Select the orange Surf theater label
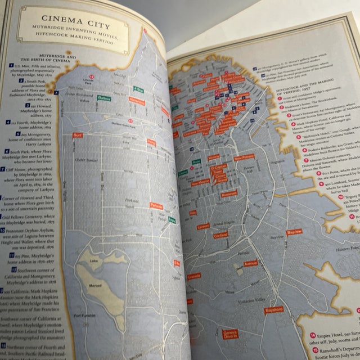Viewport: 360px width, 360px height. (78, 136)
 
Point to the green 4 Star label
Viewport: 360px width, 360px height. (138, 89)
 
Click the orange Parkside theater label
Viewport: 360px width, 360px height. (156, 206)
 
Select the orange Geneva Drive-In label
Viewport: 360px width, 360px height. (229, 334)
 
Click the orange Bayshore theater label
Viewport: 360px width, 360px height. (273, 309)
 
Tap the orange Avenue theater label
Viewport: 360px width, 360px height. (250, 263)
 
